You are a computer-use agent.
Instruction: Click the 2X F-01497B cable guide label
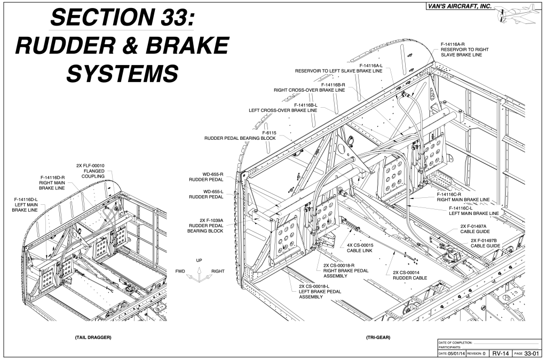coord(489,243)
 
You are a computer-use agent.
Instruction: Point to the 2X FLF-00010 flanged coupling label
coord(94,171)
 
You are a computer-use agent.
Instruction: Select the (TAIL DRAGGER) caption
coord(93,338)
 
